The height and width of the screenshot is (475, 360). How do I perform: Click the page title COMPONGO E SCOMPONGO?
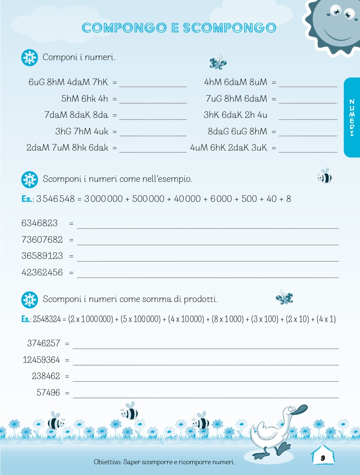(x=179, y=28)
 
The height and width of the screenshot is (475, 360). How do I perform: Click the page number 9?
(x=323, y=458)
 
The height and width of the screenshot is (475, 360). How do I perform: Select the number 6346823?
(x=40, y=223)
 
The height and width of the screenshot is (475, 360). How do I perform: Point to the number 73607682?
(x=42, y=240)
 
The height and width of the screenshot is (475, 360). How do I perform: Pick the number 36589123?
(x=42, y=256)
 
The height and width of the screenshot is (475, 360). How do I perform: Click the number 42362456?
(x=42, y=272)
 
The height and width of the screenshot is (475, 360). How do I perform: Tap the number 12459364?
(x=42, y=360)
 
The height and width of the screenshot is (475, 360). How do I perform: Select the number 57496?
(x=49, y=393)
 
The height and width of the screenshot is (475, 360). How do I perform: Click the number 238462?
(x=46, y=376)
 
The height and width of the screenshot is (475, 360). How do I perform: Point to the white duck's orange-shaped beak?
(x=299, y=409)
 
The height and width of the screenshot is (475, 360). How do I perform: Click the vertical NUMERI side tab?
(x=351, y=117)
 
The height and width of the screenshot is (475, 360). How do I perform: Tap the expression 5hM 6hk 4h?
(x=85, y=99)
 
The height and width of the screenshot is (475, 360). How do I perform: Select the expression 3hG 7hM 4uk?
(x=82, y=131)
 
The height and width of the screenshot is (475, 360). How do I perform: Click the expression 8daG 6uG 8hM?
(x=237, y=131)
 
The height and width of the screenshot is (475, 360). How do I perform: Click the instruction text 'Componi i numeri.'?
(x=79, y=57)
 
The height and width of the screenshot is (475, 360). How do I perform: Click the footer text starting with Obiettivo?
(x=164, y=462)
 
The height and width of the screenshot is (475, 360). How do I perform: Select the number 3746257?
(x=44, y=343)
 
